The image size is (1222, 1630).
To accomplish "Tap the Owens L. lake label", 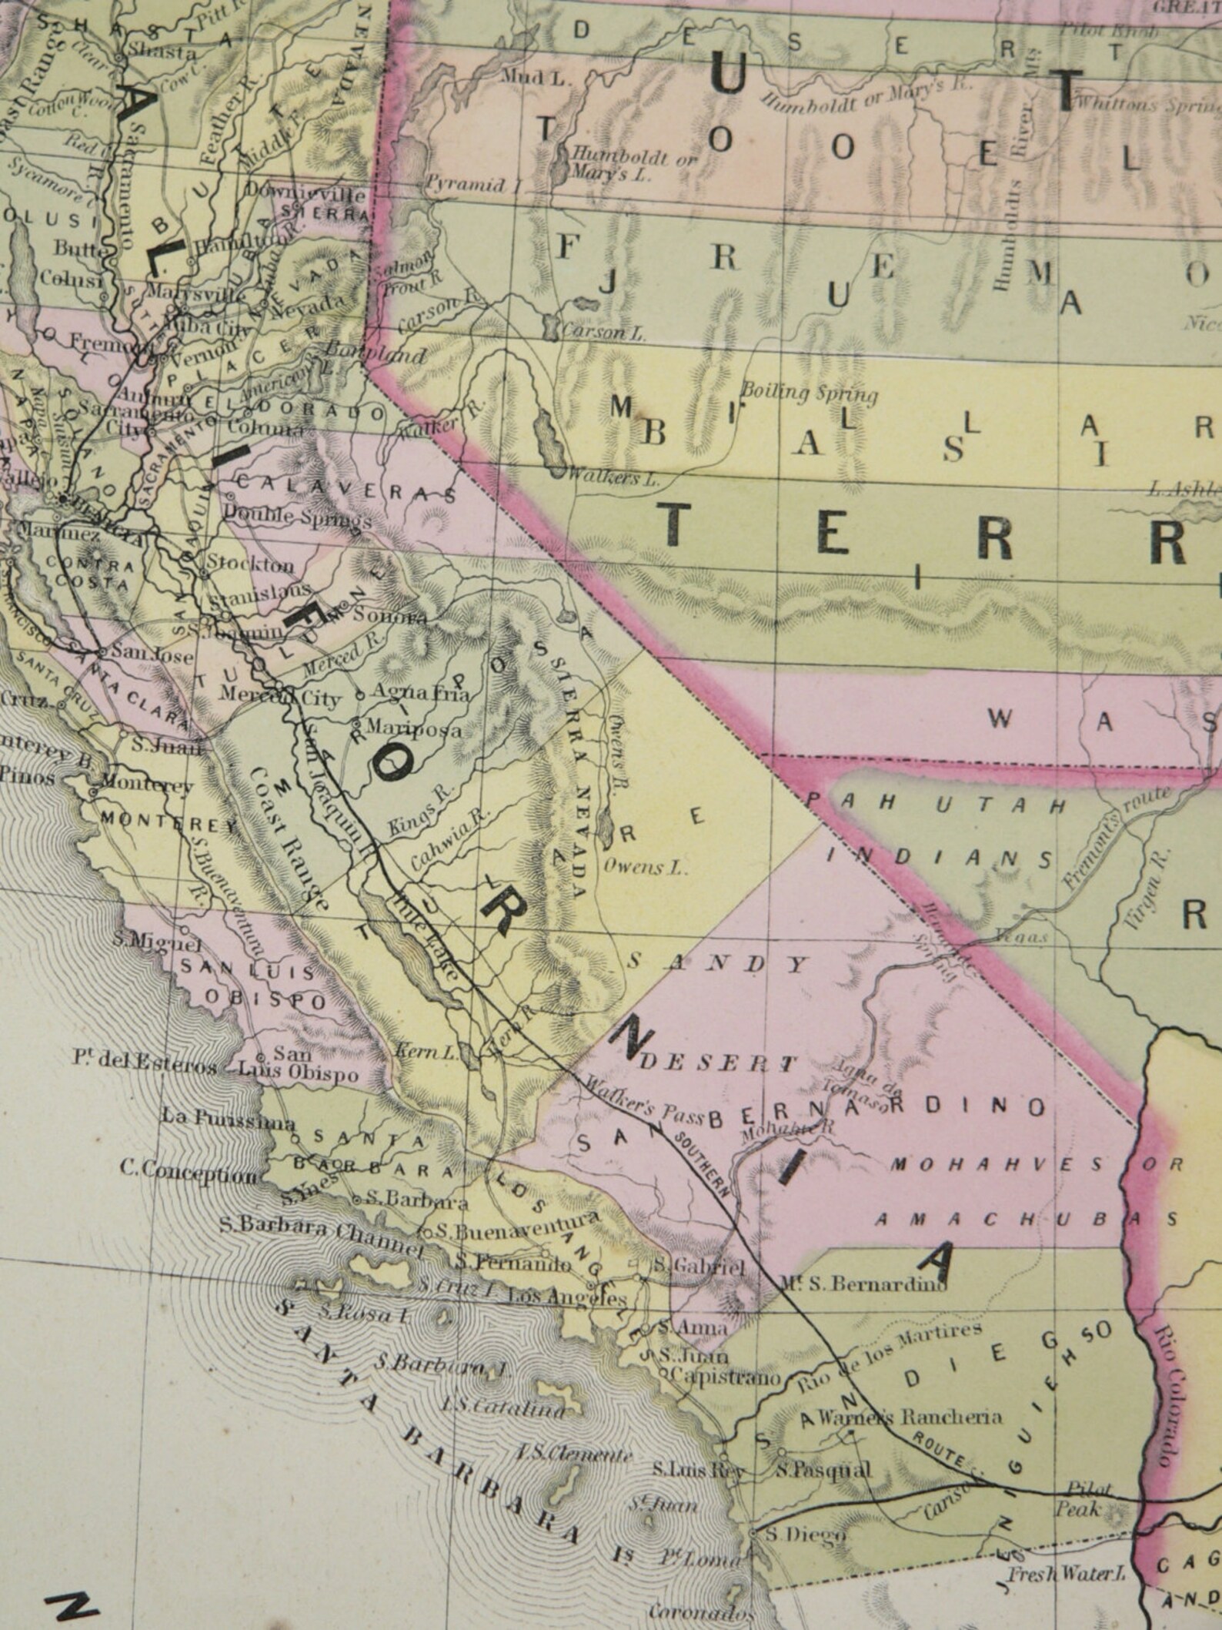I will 644,868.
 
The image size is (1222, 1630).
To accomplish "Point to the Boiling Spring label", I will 810,393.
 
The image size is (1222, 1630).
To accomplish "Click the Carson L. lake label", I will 603,333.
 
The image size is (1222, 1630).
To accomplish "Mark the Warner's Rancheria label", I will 910,1417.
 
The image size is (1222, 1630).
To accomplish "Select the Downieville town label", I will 305,192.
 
